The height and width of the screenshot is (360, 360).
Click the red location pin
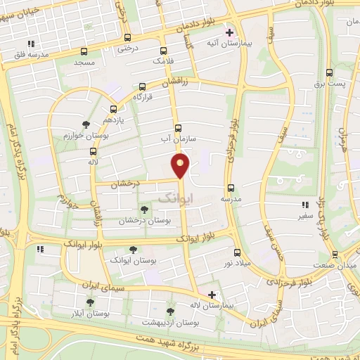[181, 166]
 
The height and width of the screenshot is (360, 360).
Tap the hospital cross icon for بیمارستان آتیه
[229, 32]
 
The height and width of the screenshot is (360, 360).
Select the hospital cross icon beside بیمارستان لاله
[211, 294]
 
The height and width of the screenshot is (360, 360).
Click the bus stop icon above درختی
[127, 38]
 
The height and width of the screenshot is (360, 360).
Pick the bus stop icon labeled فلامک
[164, 51]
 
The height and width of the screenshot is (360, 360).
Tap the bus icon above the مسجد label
[84, 51]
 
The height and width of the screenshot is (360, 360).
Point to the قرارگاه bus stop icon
[142, 87]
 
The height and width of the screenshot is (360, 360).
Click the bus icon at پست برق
[329, 72]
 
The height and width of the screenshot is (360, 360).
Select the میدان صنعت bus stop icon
[334, 254]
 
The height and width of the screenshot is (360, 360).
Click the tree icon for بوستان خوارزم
[86, 124]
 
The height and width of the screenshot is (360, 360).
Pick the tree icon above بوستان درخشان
[144, 210]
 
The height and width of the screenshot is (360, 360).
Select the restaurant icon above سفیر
[304, 205]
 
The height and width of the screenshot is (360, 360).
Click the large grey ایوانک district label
[174, 199]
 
